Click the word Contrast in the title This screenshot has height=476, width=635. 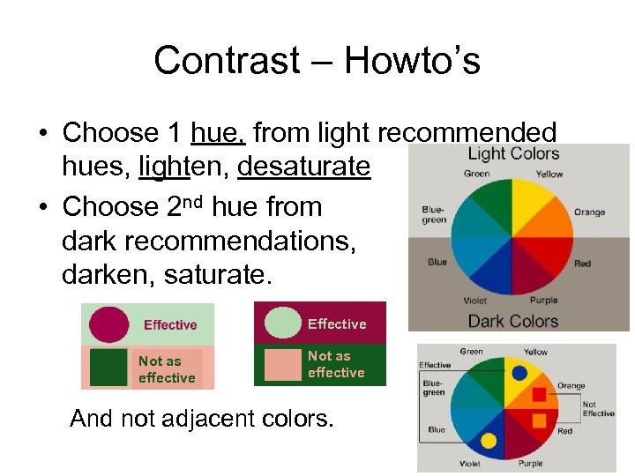(x=227, y=61)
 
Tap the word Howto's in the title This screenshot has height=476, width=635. (x=412, y=61)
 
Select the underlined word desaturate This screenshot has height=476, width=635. (x=304, y=166)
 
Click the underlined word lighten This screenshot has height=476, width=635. (x=181, y=166)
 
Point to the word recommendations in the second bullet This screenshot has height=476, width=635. (x=236, y=242)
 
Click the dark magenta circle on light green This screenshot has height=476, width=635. (x=108, y=324)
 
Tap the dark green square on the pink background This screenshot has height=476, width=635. (x=108, y=368)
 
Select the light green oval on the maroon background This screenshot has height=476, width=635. (x=282, y=323)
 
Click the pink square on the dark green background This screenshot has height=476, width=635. (x=282, y=364)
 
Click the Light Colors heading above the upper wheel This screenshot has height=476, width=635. (x=513, y=153)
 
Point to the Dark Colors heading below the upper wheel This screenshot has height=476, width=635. (x=512, y=321)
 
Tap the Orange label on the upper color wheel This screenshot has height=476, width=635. (x=589, y=212)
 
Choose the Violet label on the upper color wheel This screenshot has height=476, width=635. (x=474, y=300)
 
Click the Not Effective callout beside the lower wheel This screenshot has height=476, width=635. (x=598, y=408)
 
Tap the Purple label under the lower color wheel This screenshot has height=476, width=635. (x=530, y=464)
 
